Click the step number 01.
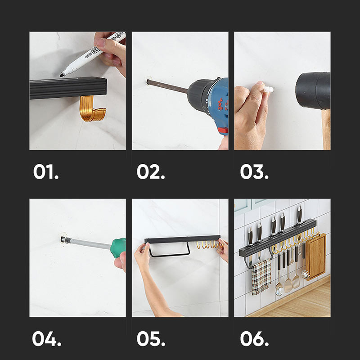click(46, 171)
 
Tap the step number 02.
click(151, 171)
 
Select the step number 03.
click(254, 171)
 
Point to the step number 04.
click(47, 339)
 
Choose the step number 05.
click(151, 339)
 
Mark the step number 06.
click(254, 339)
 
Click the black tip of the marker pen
click(62, 75)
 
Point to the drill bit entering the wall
click(167, 86)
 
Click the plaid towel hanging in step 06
click(261, 277)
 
